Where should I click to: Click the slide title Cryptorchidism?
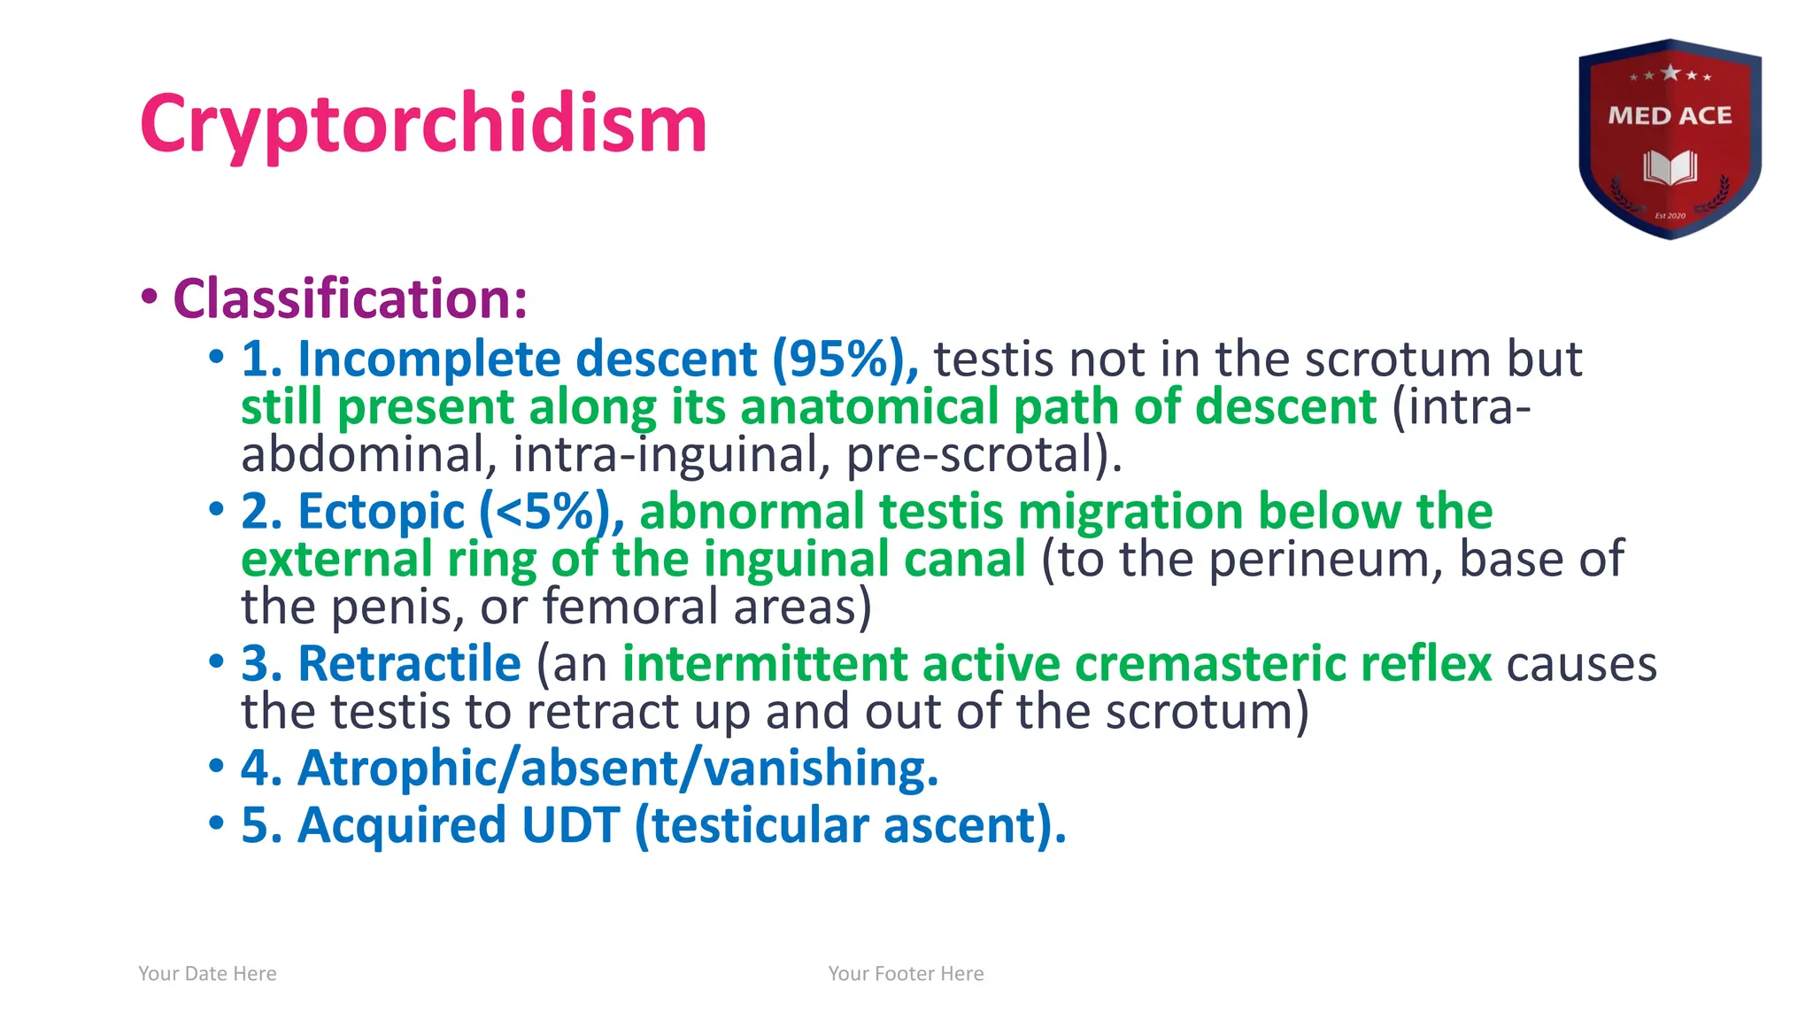point(423,124)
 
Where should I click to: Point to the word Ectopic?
point(381,512)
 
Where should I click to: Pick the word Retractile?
point(409,664)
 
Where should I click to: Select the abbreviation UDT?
point(570,825)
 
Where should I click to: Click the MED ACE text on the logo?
point(1670,116)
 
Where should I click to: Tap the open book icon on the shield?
point(1670,167)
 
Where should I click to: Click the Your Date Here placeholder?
point(207,974)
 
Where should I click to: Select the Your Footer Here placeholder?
point(906,974)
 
